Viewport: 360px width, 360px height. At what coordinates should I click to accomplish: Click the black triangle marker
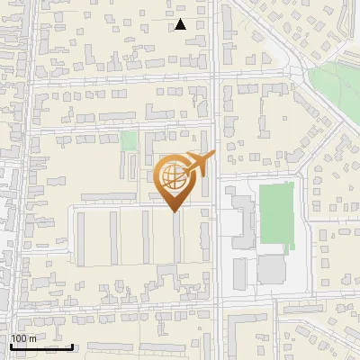(180, 24)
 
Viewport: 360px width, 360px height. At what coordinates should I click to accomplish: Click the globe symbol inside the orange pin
(173, 177)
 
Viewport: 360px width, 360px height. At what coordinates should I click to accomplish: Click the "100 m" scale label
(23, 338)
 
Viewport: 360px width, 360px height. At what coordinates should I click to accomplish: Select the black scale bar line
(42, 346)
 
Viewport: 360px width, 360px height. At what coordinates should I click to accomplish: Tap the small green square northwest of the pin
(129, 141)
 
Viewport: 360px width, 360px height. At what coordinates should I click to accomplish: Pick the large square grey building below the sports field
(271, 269)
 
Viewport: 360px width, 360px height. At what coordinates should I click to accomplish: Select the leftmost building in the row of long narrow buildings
(81, 238)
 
